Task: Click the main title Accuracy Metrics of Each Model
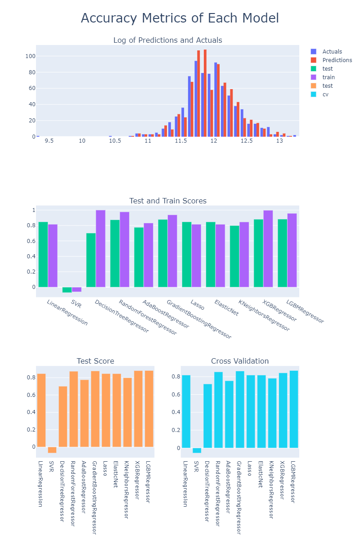tap(180, 18)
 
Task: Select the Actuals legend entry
tap(332, 52)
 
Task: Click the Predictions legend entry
tap(337, 60)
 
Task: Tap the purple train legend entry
tap(328, 77)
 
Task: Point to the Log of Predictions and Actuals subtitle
tap(168, 40)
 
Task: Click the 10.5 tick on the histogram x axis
tap(115, 141)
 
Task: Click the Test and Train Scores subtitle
tap(168, 201)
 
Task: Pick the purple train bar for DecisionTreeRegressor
tap(100, 248)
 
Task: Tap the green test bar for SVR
tap(67, 290)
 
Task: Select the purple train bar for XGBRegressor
tap(268, 248)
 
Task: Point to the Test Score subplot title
tap(95, 361)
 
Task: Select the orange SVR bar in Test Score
tap(52, 450)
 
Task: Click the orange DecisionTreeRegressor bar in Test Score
tap(63, 416)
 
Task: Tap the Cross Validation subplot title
tap(240, 361)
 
